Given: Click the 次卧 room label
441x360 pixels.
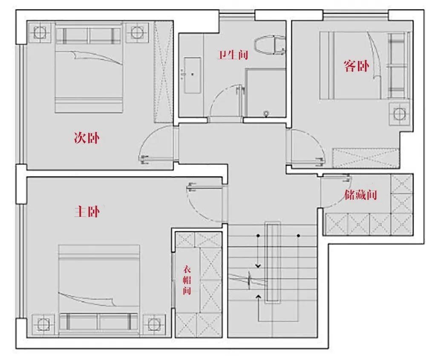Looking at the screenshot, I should coord(87,138).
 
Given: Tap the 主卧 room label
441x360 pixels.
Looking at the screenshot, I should coord(87,211).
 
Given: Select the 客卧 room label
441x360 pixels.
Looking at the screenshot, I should coord(356,66).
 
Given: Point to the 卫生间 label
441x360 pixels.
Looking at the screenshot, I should coord(233,55).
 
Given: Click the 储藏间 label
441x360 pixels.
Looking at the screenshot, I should coord(361,195).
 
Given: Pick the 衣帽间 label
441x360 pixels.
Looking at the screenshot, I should coord(187,280).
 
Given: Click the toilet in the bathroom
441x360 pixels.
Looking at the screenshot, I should coord(269,45).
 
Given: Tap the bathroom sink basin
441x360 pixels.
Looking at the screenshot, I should coord(193,75).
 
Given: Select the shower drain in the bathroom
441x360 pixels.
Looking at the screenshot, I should coord(267,113).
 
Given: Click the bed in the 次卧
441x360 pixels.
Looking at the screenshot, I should coord(89,68).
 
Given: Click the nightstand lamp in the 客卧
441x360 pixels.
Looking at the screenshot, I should coord(399,114).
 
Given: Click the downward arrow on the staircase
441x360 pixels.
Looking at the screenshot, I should coord(257,265).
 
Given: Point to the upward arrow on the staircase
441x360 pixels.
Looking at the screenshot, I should coord(257,296).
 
